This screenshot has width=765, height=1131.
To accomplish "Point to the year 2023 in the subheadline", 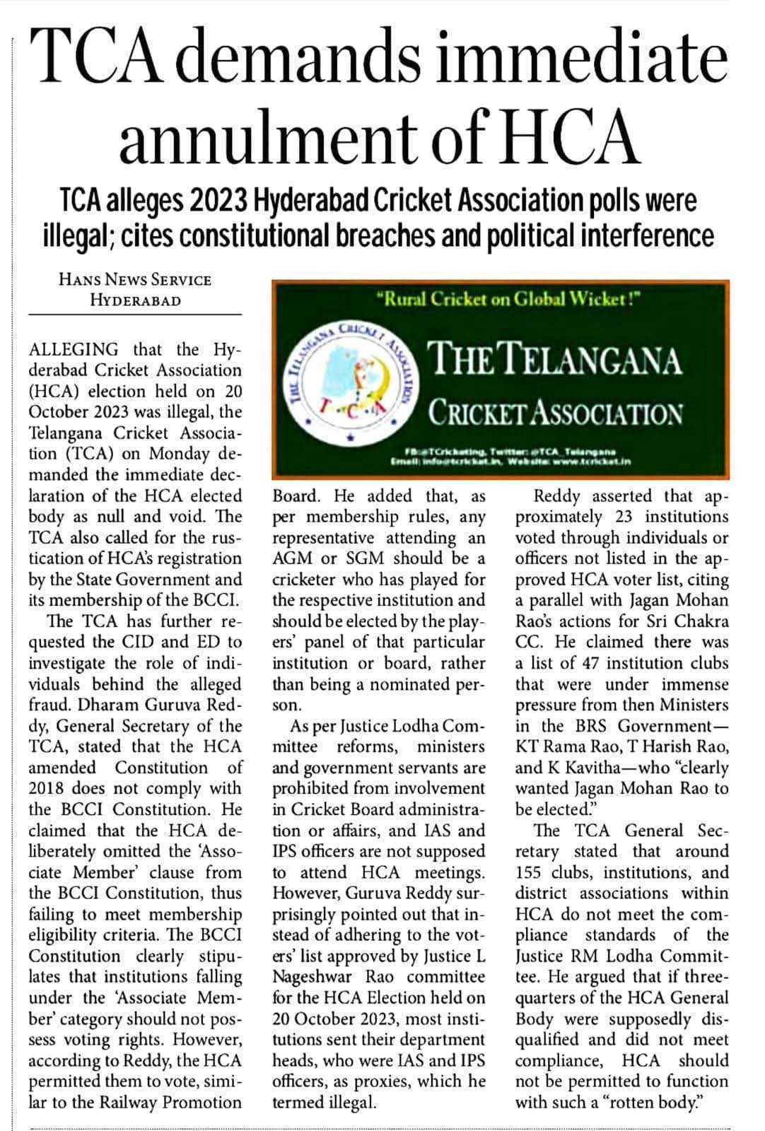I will point(211,201).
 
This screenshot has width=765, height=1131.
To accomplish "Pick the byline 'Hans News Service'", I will point(135,279).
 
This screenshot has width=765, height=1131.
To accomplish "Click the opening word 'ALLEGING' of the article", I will point(74,349).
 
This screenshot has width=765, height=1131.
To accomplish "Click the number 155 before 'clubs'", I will point(532,872).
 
